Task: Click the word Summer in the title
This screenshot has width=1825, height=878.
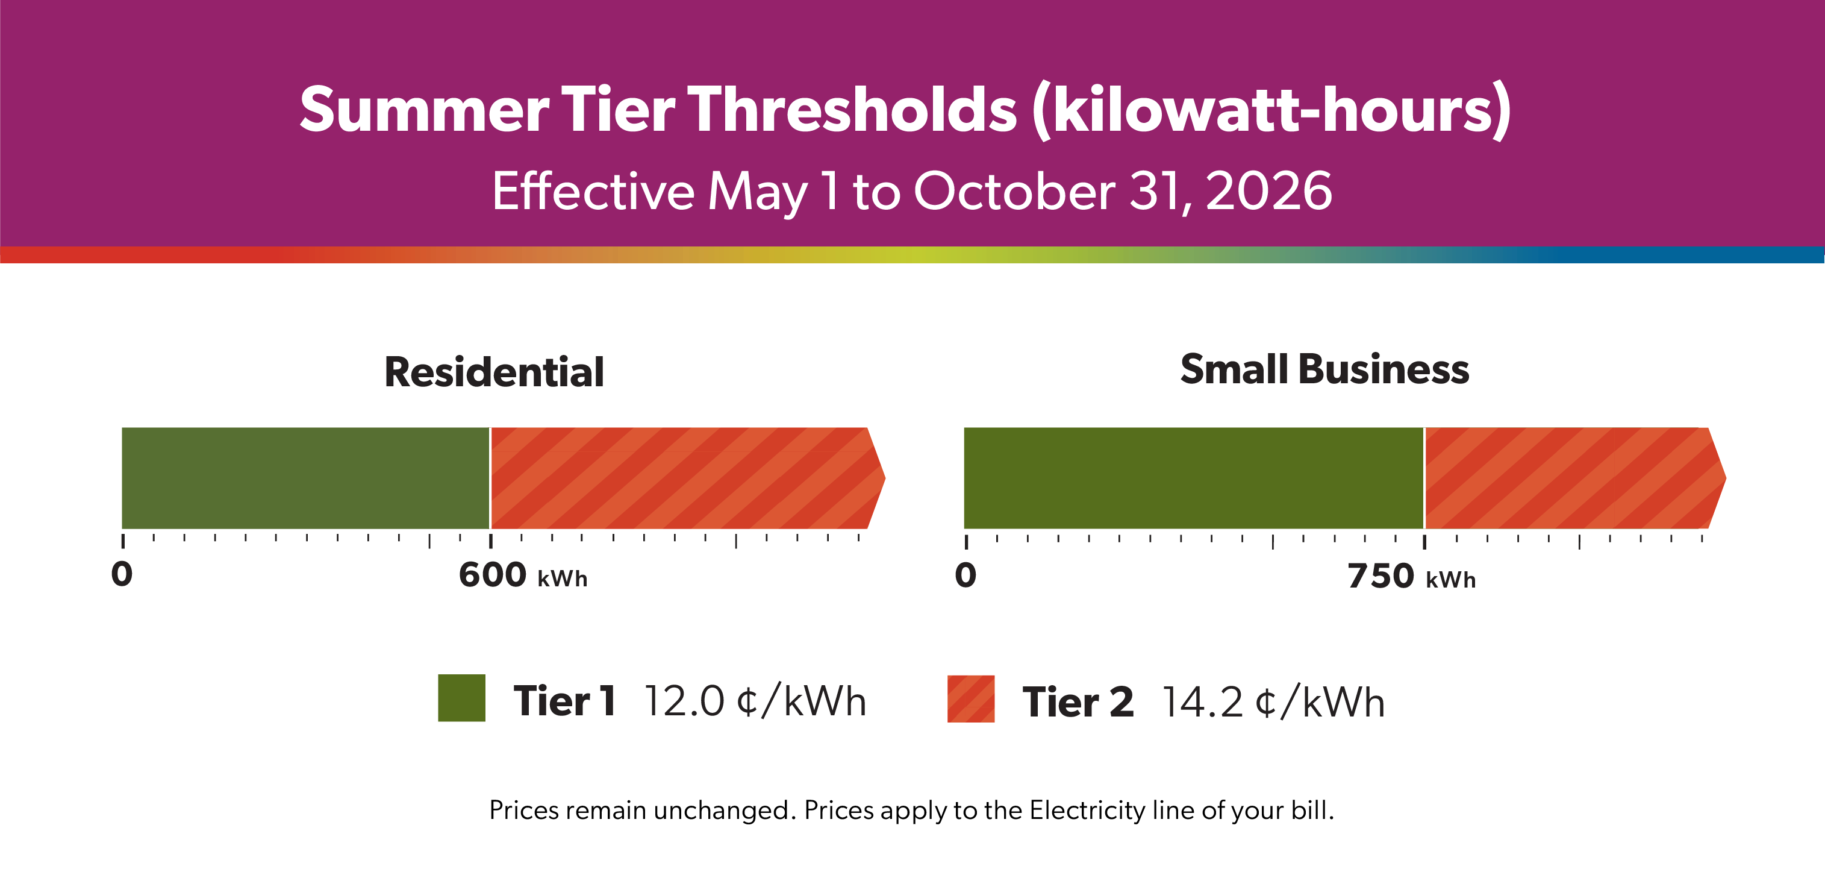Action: pos(423,110)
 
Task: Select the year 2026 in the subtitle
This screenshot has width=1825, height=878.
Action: pos(1268,192)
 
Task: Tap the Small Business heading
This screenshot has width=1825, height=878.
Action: pos(1324,369)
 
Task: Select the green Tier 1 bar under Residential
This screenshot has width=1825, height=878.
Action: pos(305,478)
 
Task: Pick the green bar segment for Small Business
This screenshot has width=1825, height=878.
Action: pos(1193,478)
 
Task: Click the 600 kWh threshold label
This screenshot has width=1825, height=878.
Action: pos(523,575)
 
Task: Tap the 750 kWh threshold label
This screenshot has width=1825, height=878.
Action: pos(1411,576)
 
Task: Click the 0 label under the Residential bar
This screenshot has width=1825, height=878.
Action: pos(122,574)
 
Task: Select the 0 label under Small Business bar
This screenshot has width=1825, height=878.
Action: pos(966,575)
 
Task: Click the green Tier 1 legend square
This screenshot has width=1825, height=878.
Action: pos(461,698)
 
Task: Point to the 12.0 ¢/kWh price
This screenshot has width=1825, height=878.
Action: pos(755,701)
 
